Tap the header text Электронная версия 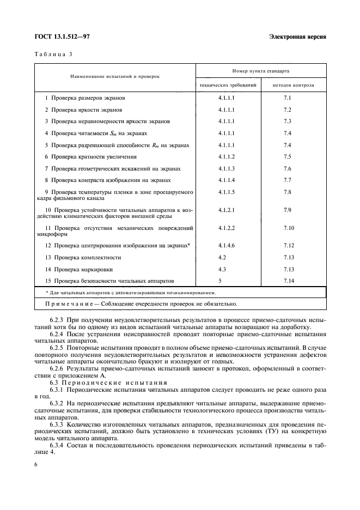point(297,37)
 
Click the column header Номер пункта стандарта point(261,71)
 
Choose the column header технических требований point(228,86)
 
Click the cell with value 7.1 point(288,98)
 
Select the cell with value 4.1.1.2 point(226,157)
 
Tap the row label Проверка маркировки point(82,269)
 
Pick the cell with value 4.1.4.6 point(226,246)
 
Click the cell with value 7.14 point(289,281)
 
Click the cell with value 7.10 point(289,228)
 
